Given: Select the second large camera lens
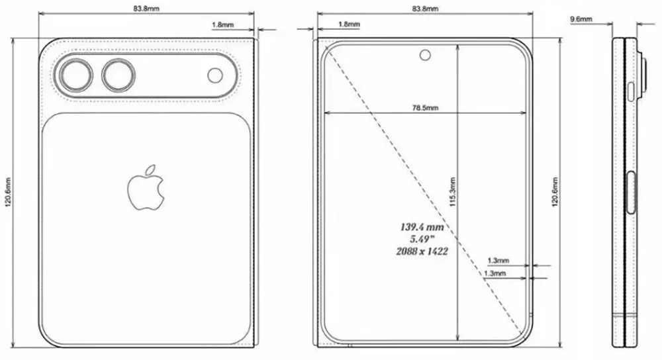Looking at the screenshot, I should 117,74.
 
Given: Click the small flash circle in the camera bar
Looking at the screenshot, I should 215,75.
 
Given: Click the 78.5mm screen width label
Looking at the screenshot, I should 424,107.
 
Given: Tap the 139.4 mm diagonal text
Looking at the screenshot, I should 421,227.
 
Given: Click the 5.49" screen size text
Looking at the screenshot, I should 421,239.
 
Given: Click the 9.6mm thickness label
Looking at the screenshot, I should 581,20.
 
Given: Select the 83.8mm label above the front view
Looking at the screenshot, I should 424,9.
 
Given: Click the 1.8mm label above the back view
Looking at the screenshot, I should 221,24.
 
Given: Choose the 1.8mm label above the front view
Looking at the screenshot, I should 348,24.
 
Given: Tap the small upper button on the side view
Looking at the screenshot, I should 631,91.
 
